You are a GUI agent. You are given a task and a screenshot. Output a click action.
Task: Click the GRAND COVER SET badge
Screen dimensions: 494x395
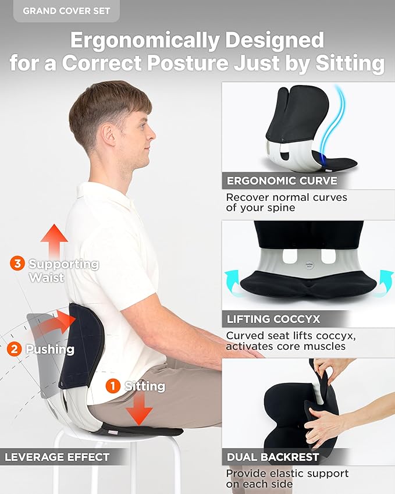tap(66, 11)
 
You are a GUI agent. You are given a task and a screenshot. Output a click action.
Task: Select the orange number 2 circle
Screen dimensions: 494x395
tap(15, 349)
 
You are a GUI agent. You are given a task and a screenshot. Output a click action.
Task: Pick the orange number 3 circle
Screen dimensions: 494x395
tap(17, 264)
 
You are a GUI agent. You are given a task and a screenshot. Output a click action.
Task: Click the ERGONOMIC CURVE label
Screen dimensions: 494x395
tap(273, 180)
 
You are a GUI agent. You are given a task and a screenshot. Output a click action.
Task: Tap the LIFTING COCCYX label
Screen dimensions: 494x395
tap(273, 319)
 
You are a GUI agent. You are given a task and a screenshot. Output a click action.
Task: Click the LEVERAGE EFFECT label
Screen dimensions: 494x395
tap(57, 457)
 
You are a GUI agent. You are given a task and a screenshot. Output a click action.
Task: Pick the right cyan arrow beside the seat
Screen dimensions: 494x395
tap(385, 281)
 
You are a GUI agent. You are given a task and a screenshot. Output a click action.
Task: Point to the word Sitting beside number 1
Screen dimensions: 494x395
tap(145, 386)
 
